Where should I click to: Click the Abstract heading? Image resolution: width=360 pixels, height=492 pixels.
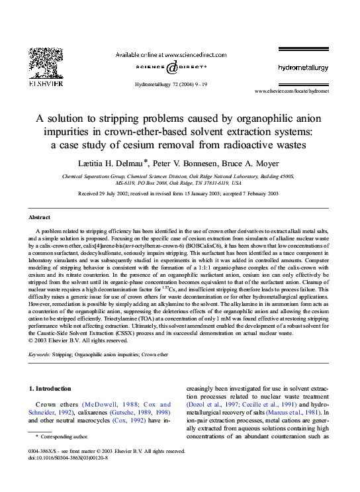[40, 217]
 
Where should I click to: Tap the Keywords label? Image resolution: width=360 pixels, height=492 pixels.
[41, 354]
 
